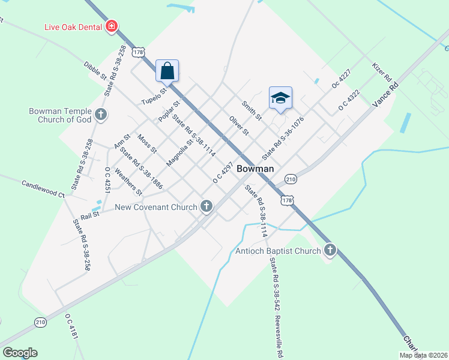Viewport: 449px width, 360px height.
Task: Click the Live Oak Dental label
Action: point(73,27)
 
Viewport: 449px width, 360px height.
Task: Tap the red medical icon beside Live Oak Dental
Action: point(111,26)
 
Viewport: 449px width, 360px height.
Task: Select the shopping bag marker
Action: point(167,70)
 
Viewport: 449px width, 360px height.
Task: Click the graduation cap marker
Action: point(280,97)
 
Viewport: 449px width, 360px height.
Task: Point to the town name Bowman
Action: point(255,169)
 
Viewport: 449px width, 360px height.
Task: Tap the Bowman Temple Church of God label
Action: point(60,115)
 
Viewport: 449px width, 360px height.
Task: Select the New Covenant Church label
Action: point(156,208)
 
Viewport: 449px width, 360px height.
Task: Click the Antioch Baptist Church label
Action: point(279,251)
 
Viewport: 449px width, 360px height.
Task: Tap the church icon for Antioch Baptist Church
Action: point(330,250)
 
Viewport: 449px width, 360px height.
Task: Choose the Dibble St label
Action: point(95,70)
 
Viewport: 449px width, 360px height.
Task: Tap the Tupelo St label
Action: point(152,92)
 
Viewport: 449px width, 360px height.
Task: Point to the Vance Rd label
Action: point(385,95)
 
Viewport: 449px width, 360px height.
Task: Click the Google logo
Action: point(20,353)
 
